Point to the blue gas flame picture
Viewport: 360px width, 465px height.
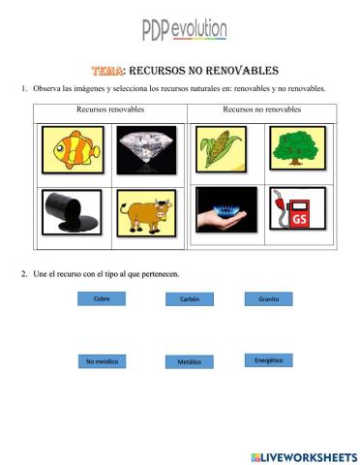pos(223,212)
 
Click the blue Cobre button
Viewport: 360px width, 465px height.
pos(102,298)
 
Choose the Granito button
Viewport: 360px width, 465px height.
pos(269,298)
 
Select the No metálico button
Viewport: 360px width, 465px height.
pos(102,361)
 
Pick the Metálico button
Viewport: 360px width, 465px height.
pos(190,361)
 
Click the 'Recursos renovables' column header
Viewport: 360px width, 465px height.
pos(109,109)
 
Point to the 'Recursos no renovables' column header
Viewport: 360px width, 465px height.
pos(261,109)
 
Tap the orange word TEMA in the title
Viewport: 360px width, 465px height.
pos(106,71)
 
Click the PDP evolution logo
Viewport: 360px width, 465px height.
pos(185,31)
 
